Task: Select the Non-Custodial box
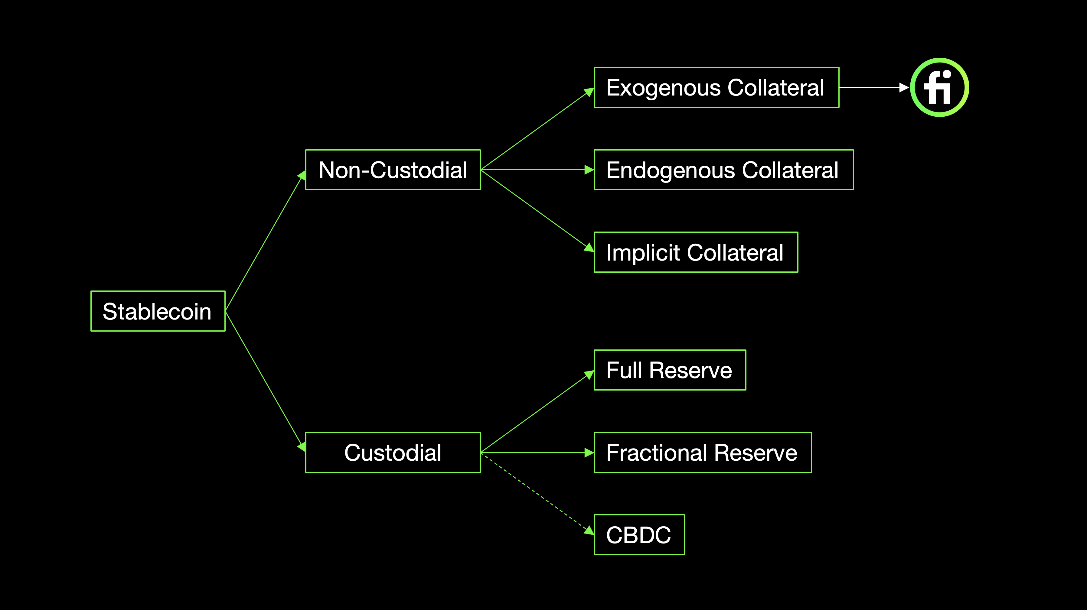pos(393,170)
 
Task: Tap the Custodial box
pos(393,453)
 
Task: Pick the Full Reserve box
pos(670,370)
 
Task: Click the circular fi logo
pos(939,87)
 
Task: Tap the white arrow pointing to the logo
pos(873,87)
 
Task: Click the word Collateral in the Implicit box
pos(735,253)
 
